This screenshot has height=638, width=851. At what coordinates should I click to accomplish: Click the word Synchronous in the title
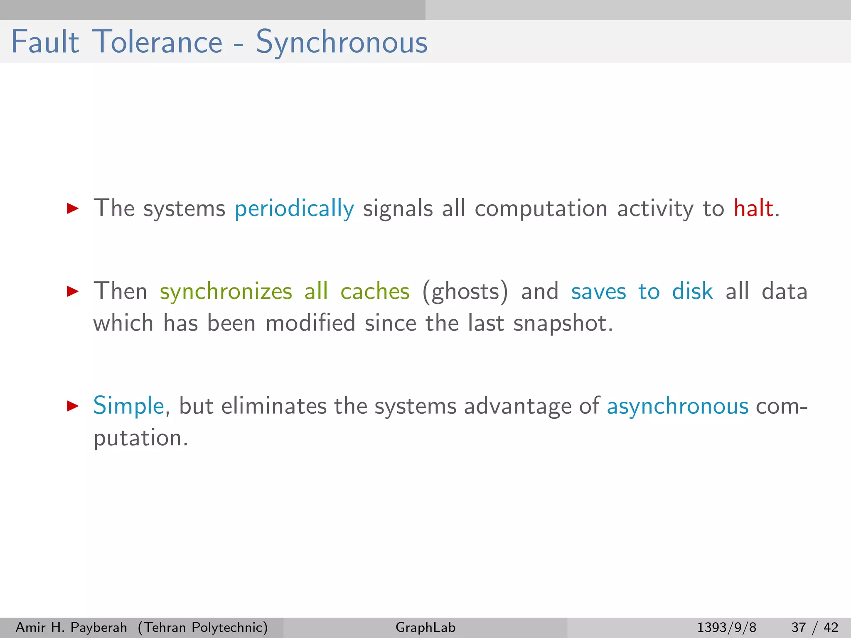tap(342, 42)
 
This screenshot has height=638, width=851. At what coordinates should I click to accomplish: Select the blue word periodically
tap(294, 209)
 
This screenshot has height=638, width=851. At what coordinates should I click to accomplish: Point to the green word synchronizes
tap(226, 292)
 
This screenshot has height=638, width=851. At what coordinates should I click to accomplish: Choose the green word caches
tap(375, 292)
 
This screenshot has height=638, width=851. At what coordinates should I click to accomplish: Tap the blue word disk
tap(692, 291)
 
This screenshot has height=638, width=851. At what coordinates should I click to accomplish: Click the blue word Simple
tap(129, 406)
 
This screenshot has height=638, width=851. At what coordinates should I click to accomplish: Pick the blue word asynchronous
tap(677, 406)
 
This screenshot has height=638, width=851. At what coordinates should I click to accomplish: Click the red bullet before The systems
tap(73, 209)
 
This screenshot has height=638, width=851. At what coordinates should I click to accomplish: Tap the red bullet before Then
tap(73, 292)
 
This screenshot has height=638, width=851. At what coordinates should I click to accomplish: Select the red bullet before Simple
tap(73, 406)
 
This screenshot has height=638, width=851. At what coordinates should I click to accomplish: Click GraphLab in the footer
tap(425, 627)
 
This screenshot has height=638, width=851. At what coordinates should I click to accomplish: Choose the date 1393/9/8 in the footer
tap(726, 627)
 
